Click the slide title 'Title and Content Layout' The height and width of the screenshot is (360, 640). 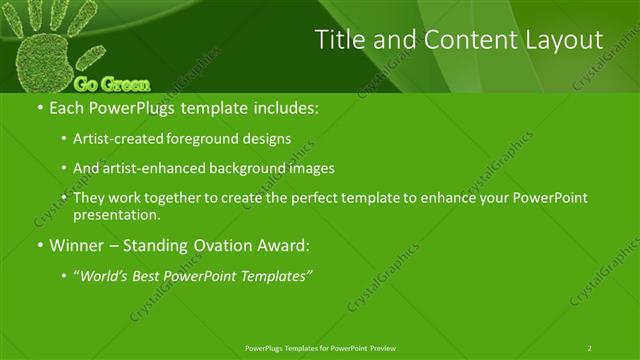point(459,40)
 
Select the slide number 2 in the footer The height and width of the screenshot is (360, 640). point(590,347)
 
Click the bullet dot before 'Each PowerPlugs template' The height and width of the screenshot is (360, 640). point(39,106)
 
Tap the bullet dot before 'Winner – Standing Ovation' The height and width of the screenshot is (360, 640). point(39,244)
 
